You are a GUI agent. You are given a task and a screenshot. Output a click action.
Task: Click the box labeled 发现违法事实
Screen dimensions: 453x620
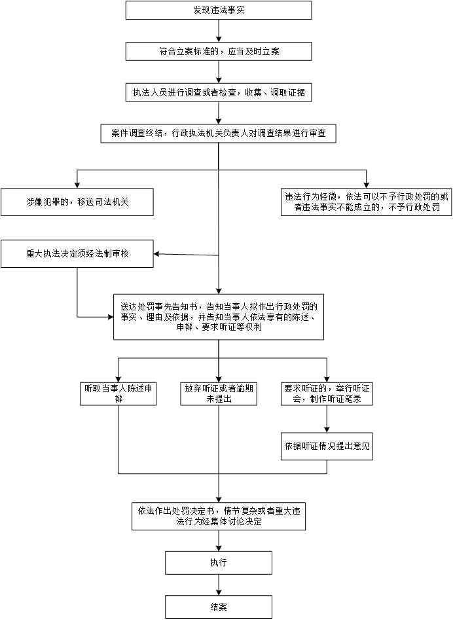[219, 10]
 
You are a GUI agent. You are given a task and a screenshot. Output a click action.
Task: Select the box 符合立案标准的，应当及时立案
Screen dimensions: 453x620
[219, 52]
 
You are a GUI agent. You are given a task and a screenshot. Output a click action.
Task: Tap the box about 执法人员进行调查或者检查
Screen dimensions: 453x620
[219, 92]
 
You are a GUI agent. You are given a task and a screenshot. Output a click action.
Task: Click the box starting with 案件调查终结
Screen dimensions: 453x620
[219, 134]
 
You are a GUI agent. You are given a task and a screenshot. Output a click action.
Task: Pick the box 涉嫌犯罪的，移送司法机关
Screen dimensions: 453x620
[77, 202]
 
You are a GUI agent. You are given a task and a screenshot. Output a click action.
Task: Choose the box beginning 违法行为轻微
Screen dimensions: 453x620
[367, 202]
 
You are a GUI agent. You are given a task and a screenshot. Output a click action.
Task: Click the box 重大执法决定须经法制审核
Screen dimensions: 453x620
[77, 253]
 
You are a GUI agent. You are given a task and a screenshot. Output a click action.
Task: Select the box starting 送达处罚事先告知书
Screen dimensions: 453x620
[219, 317]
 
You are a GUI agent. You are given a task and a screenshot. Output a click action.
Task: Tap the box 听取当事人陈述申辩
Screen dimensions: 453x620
[118, 394]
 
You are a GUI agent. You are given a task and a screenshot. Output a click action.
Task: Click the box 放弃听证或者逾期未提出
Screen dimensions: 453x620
[219, 394]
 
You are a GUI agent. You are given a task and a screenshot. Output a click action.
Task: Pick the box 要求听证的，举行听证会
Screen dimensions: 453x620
[327, 394]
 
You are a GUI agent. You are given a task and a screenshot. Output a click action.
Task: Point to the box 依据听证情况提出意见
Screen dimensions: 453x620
[327, 447]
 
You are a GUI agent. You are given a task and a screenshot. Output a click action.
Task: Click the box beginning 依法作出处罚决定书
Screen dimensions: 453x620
[219, 516]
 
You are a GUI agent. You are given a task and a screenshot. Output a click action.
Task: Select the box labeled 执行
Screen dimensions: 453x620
[219, 562]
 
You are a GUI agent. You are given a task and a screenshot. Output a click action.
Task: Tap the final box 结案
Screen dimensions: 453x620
[219, 607]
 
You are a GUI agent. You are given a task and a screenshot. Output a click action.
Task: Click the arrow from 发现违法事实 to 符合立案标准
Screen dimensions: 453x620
[219, 31]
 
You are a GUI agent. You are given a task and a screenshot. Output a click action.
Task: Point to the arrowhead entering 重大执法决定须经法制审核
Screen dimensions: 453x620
[156, 253]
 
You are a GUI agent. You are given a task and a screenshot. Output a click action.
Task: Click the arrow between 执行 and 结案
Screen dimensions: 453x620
[219, 585]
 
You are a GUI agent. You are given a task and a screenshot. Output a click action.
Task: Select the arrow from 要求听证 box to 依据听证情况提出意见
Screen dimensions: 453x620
[327, 419]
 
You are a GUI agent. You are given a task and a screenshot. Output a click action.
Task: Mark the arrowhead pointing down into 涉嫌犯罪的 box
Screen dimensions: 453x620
[77, 185]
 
